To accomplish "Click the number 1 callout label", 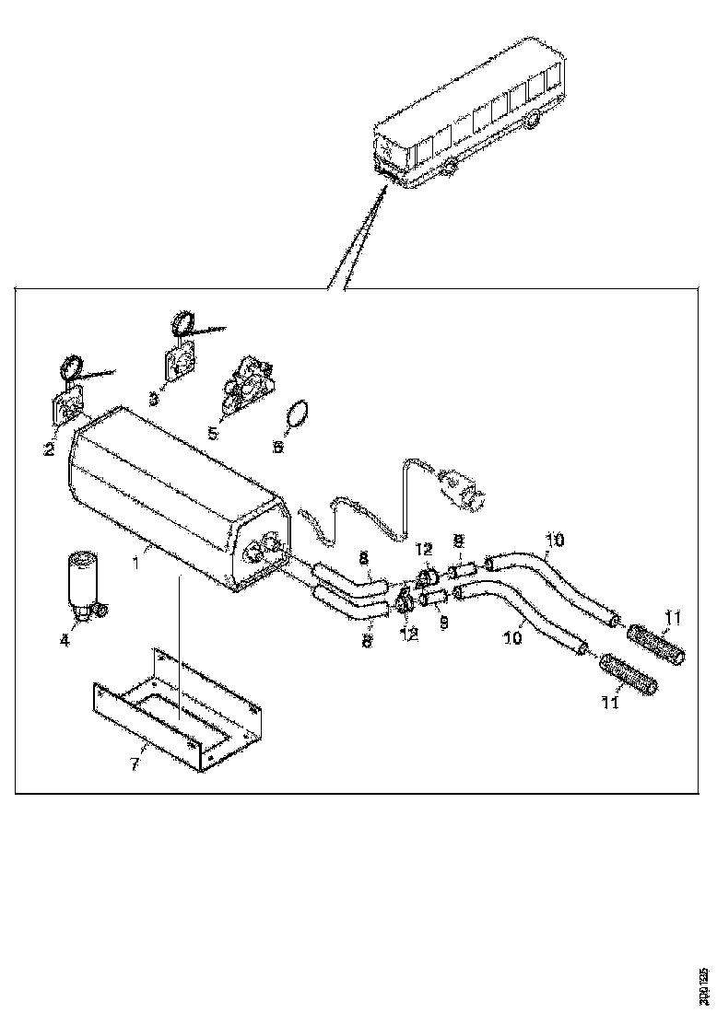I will [135, 557].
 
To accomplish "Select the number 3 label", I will [153, 400].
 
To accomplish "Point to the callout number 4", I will [65, 641].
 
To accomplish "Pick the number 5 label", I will [212, 431].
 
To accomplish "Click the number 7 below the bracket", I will [135, 763].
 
